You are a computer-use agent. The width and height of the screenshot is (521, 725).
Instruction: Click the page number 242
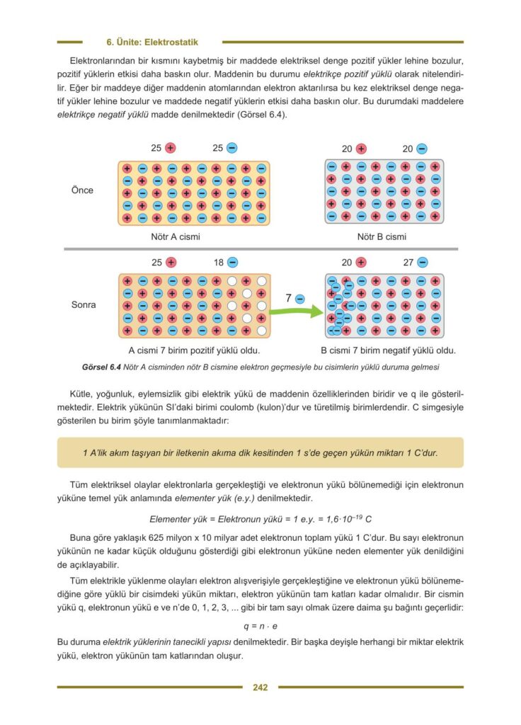[x=260, y=687]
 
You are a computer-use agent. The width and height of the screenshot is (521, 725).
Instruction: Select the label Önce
[x=82, y=190]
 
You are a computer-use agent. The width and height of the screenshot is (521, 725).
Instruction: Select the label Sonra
[x=84, y=305]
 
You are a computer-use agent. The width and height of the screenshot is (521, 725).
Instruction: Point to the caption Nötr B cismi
[x=382, y=236]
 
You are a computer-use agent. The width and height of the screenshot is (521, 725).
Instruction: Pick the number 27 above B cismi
[x=408, y=263]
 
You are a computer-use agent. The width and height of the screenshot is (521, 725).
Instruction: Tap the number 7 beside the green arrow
[x=288, y=299]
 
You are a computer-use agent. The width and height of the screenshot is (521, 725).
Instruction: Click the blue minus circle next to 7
[x=299, y=299]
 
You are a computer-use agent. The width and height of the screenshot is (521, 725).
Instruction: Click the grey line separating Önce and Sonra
[x=260, y=249]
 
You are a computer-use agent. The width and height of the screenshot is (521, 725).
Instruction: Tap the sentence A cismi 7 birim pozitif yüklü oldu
[x=194, y=350]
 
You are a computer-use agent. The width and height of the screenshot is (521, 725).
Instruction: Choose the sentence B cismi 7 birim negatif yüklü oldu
[x=388, y=350]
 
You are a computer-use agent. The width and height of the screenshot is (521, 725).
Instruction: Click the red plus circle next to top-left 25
[x=171, y=149]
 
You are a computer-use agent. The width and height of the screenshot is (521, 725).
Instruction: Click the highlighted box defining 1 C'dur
[x=260, y=452]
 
